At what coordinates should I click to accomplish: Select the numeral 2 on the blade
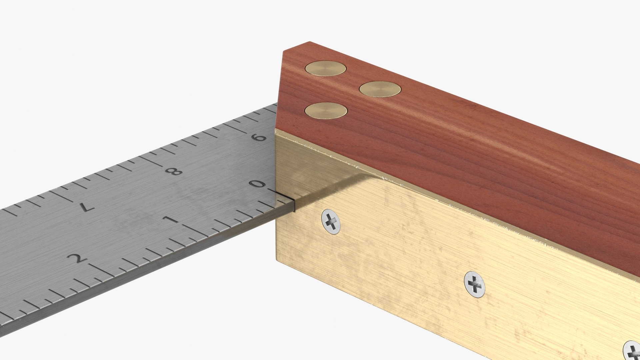[78, 258]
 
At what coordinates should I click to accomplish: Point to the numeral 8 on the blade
[174, 171]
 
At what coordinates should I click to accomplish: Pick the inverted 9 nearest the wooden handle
[260, 137]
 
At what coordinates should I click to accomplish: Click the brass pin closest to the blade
[326, 111]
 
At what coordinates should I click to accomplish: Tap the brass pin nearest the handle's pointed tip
[325, 68]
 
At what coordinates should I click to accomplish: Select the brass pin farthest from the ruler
[380, 89]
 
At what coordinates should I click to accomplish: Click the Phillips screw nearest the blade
[331, 221]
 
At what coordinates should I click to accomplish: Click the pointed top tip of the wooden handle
[309, 42]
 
